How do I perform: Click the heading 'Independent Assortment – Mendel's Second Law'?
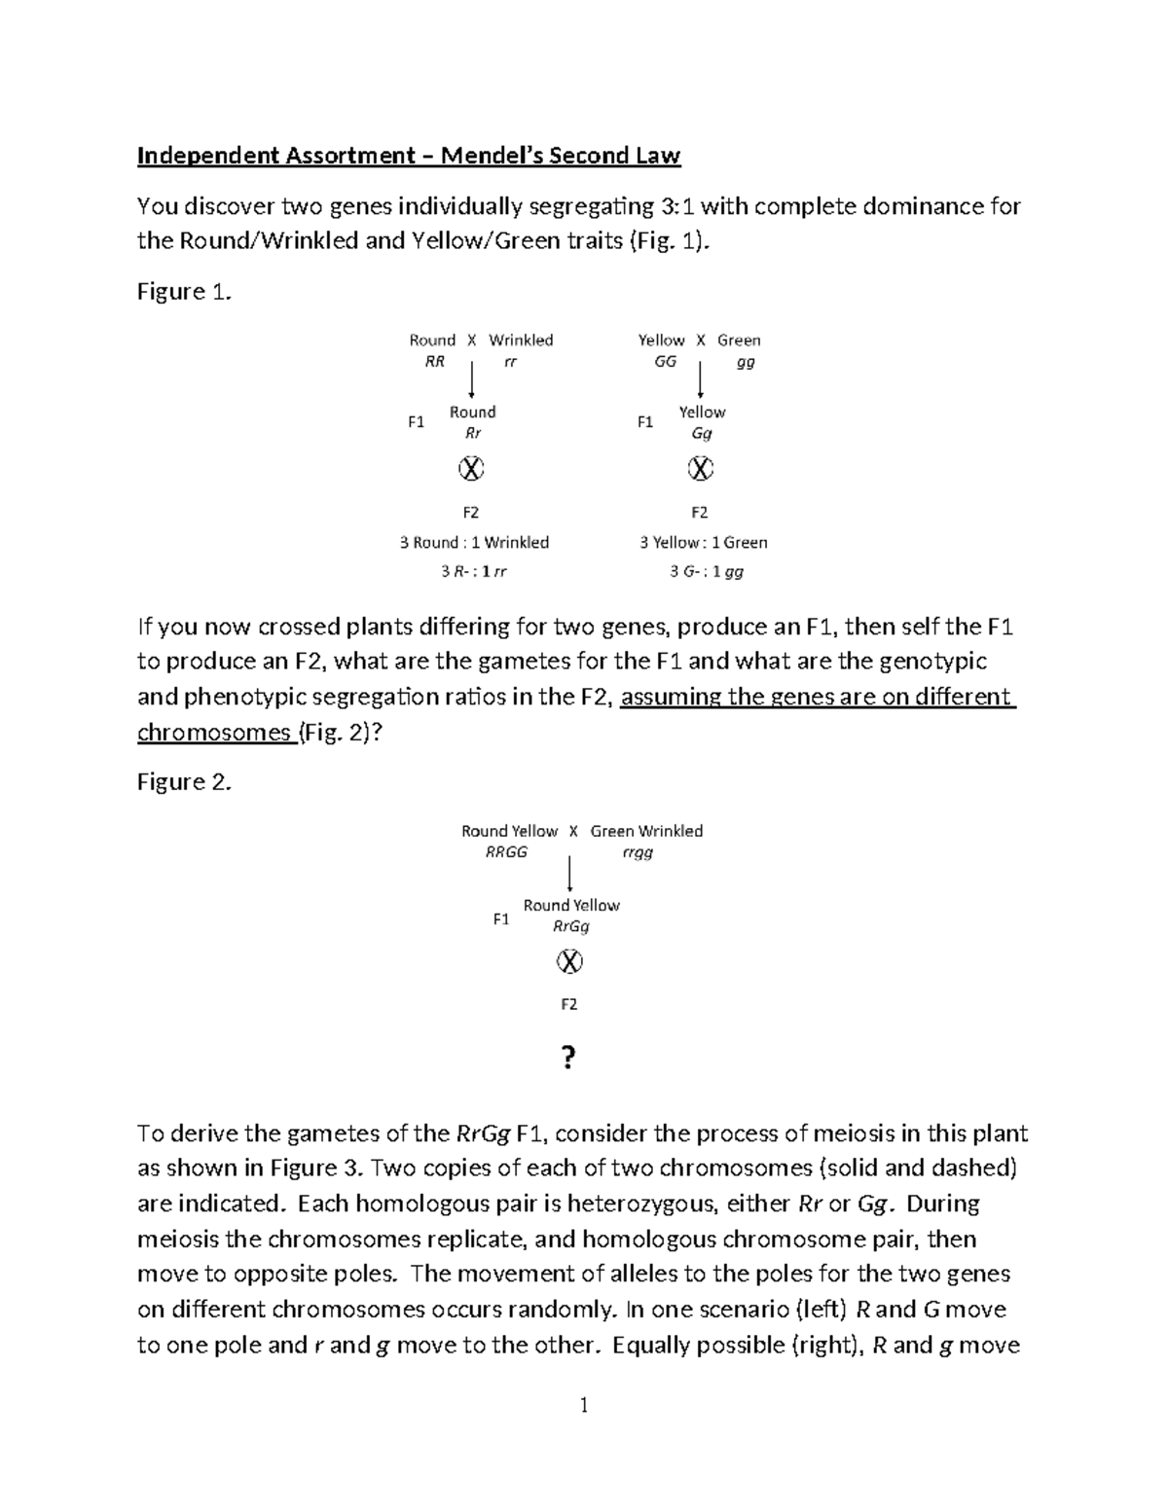pyautogui.click(x=409, y=156)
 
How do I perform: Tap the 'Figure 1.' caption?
pyautogui.click(x=185, y=292)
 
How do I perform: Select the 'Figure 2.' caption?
pyautogui.click(x=185, y=782)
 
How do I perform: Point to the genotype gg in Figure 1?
pyautogui.click(x=746, y=362)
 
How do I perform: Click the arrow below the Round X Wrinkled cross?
pyautogui.click(x=471, y=378)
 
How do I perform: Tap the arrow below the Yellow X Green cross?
pyautogui.click(x=701, y=378)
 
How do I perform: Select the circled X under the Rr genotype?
pyautogui.click(x=471, y=469)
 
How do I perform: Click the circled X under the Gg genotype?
pyautogui.click(x=701, y=469)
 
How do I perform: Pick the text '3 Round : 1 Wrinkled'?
pyautogui.click(x=474, y=543)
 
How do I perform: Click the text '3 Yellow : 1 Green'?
pyautogui.click(x=703, y=543)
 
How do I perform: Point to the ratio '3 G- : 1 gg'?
pyautogui.click(x=707, y=572)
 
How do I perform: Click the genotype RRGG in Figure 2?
pyautogui.click(x=506, y=852)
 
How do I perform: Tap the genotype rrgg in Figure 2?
pyautogui.click(x=638, y=852)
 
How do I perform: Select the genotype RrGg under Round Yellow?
pyautogui.click(x=571, y=926)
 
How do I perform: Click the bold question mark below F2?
pyautogui.click(x=569, y=1058)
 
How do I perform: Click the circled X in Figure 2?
pyautogui.click(x=569, y=962)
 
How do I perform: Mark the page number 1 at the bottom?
pyautogui.click(x=584, y=1405)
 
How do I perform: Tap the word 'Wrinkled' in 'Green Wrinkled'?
pyautogui.click(x=671, y=831)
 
